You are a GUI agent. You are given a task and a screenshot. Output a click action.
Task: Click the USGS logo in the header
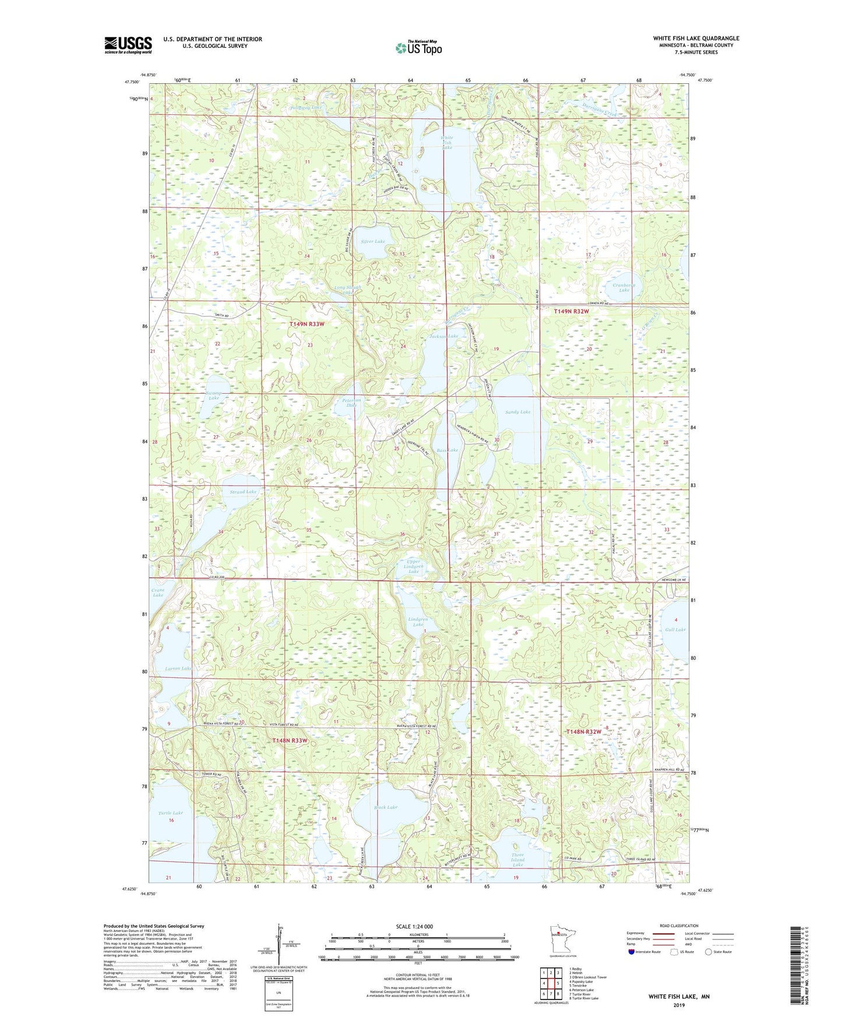coord(128,45)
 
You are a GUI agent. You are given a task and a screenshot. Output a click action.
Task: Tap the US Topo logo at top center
coord(418,48)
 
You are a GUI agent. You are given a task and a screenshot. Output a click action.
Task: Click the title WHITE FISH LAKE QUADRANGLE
coord(696,38)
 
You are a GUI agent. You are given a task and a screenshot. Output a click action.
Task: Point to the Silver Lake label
coord(373,241)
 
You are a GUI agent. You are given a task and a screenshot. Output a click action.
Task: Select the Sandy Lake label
coord(517,412)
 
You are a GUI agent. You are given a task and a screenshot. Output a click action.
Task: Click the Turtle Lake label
coord(170,813)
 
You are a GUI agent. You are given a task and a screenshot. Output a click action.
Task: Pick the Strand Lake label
coord(243,492)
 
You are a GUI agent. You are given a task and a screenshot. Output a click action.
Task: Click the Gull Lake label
coord(675,630)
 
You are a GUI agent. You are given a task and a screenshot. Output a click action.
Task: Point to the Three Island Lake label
coord(517,860)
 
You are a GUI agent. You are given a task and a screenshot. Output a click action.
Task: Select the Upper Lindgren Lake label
coord(414,567)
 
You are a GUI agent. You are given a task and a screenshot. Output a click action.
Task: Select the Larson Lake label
coord(178,668)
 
